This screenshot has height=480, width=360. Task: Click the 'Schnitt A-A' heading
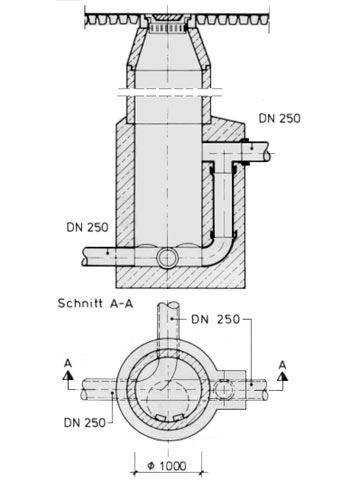click(95, 303)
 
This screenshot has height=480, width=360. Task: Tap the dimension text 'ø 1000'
click(167, 465)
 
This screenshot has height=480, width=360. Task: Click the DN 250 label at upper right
click(279, 118)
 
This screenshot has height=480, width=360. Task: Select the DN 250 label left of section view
click(87, 227)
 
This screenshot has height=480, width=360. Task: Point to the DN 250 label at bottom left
click(85, 423)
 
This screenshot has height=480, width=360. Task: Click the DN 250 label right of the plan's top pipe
click(215, 319)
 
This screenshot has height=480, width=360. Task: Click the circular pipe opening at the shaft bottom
click(168, 258)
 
